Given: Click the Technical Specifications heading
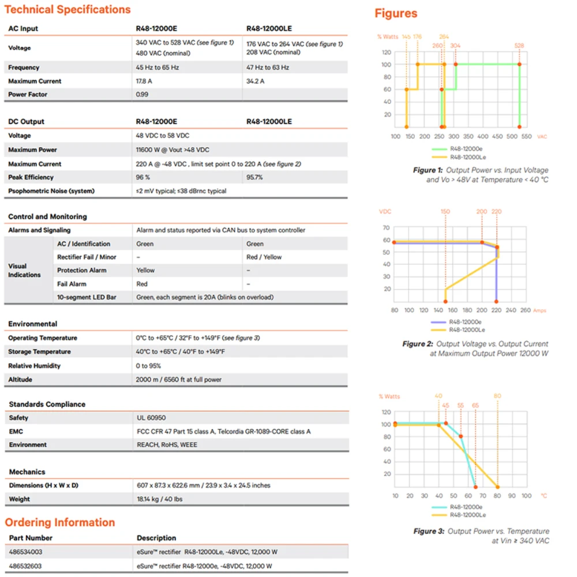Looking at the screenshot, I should [68, 10].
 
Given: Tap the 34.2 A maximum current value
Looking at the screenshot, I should [255, 81].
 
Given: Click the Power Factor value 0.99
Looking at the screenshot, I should [142, 95].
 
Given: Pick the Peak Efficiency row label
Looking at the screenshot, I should [31, 178].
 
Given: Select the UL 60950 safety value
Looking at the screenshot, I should [151, 418].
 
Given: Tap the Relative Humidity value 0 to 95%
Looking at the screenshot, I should [148, 366].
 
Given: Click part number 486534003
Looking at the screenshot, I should [26, 552].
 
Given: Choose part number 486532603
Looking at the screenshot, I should [26, 566].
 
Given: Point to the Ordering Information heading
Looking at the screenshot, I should [60, 523].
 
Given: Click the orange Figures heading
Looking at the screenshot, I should [396, 14].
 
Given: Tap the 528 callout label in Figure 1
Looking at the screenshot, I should [519, 46].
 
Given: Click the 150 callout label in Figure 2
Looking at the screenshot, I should [445, 212].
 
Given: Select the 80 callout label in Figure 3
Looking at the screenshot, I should [497, 396].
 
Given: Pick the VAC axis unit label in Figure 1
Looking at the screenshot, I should [542, 137].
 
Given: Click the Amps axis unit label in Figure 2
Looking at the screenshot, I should [540, 310].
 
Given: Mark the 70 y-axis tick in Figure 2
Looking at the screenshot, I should [387, 227].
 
